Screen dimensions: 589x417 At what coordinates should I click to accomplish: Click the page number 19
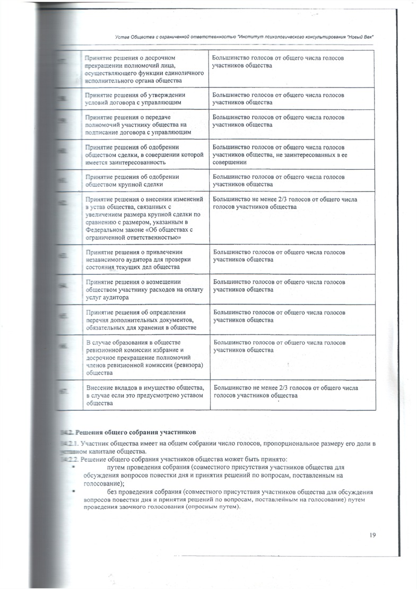click(372, 535)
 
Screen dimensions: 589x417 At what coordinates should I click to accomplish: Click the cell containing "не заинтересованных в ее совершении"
click(279, 154)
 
